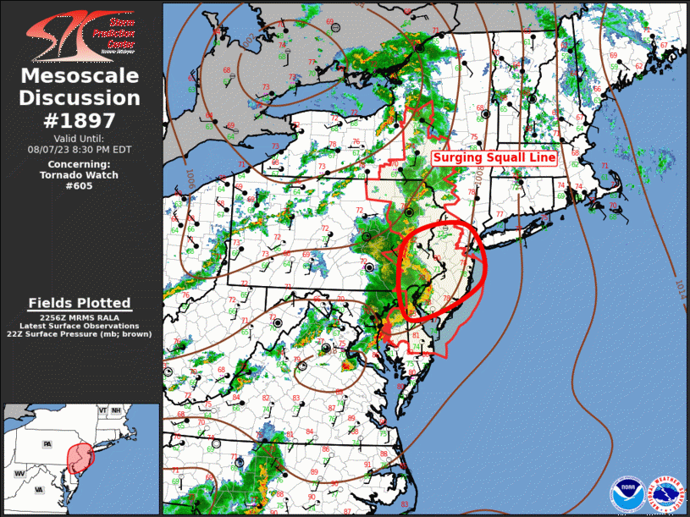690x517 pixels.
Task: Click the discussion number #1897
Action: (x=80, y=119)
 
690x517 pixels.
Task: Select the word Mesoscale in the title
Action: (x=80, y=77)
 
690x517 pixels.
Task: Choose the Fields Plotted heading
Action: (x=80, y=303)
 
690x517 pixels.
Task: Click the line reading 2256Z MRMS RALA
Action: (x=80, y=316)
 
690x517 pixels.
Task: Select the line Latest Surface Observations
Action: (x=80, y=326)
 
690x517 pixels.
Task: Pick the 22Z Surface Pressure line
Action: (x=80, y=335)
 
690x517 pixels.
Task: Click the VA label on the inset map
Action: (x=39, y=489)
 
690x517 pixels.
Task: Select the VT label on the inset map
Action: (x=103, y=410)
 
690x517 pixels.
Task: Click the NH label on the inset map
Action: (x=117, y=410)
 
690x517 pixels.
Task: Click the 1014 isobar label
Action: (x=680, y=285)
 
